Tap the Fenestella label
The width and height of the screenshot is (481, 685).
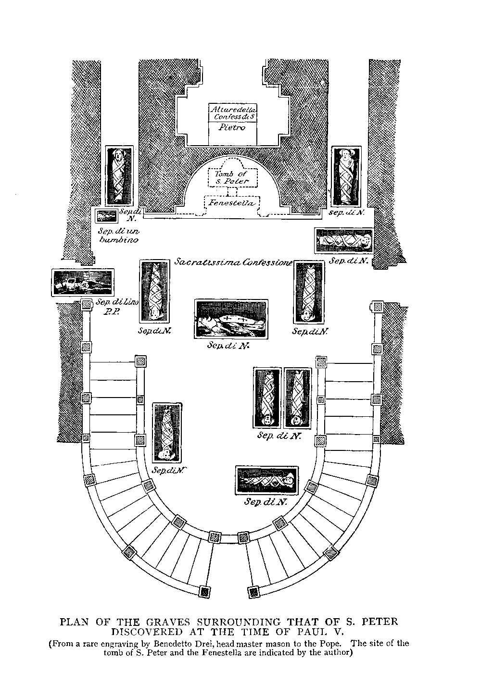232,203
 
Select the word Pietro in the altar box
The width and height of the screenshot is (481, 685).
232,127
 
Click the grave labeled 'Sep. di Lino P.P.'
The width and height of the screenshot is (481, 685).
83,283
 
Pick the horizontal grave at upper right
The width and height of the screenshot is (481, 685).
344,240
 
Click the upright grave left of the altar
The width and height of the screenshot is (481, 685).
119,175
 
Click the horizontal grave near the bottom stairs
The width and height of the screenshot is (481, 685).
267,480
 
